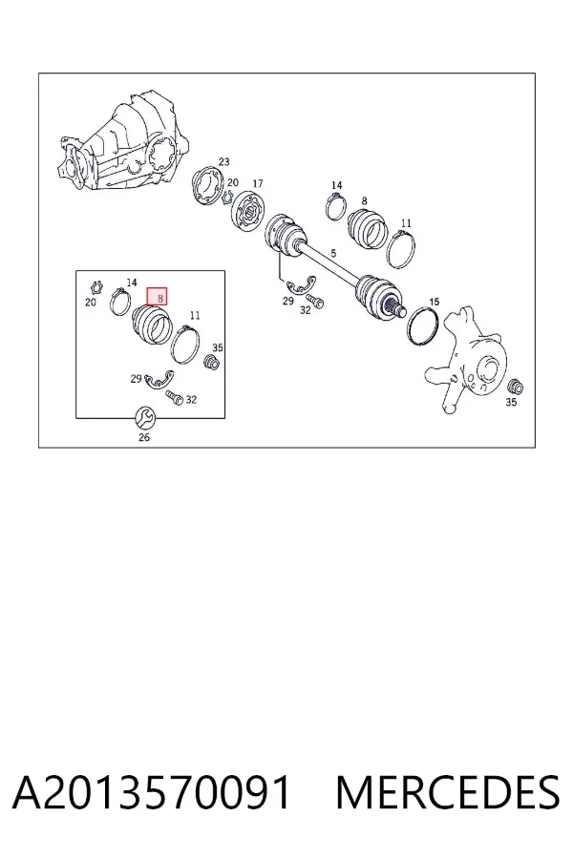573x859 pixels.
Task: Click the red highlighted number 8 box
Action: (x=157, y=297)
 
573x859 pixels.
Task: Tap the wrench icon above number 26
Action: (x=145, y=418)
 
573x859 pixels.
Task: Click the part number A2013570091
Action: (x=151, y=793)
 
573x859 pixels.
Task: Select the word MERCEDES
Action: (x=448, y=793)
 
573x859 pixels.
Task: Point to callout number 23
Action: (x=223, y=161)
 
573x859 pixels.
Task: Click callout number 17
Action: (x=258, y=183)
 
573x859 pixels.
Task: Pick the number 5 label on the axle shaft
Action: (x=333, y=253)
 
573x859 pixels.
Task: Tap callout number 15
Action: (x=434, y=302)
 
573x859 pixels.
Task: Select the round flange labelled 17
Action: (x=248, y=212)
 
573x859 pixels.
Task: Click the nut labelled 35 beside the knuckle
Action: (x=515, y=387)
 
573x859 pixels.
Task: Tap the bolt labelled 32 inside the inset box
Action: (x=174, y=397)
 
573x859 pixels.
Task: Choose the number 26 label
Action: (x=143, y=437)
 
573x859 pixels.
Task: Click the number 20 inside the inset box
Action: (x=91, y=302)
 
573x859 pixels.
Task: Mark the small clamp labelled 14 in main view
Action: (x=335, y=206)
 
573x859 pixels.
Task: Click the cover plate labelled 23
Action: (x=207, y=186)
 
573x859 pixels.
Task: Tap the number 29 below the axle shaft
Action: (x=288, y=301)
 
